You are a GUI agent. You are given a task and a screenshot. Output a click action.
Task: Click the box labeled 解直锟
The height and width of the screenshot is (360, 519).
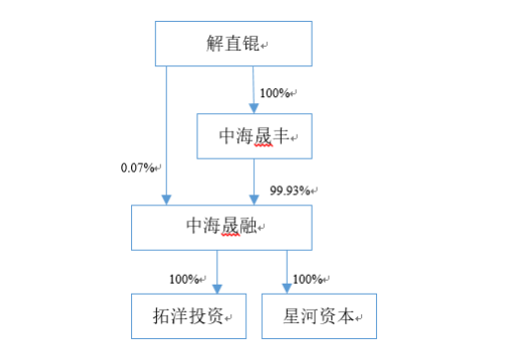pos(233,45)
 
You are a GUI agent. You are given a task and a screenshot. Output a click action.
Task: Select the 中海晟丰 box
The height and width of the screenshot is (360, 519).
pos(255,134)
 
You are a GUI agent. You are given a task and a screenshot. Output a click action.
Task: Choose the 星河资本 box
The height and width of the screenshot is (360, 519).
pos(320,316)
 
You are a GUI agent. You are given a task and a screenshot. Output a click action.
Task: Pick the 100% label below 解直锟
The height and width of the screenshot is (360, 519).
pos(277,94)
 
